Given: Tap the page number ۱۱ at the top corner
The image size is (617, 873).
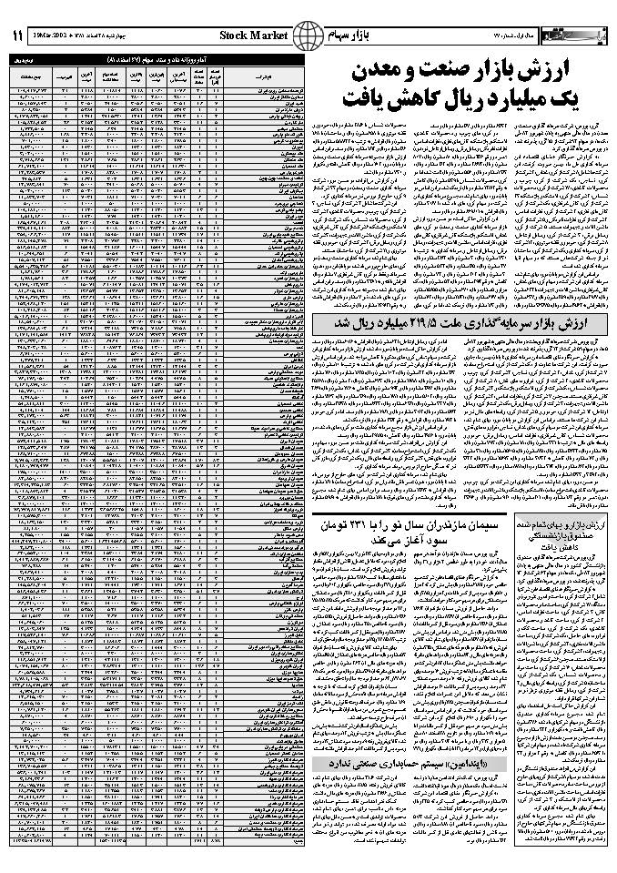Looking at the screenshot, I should pos(17,36).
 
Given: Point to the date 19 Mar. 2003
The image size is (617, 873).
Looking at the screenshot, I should pos(70,36).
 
